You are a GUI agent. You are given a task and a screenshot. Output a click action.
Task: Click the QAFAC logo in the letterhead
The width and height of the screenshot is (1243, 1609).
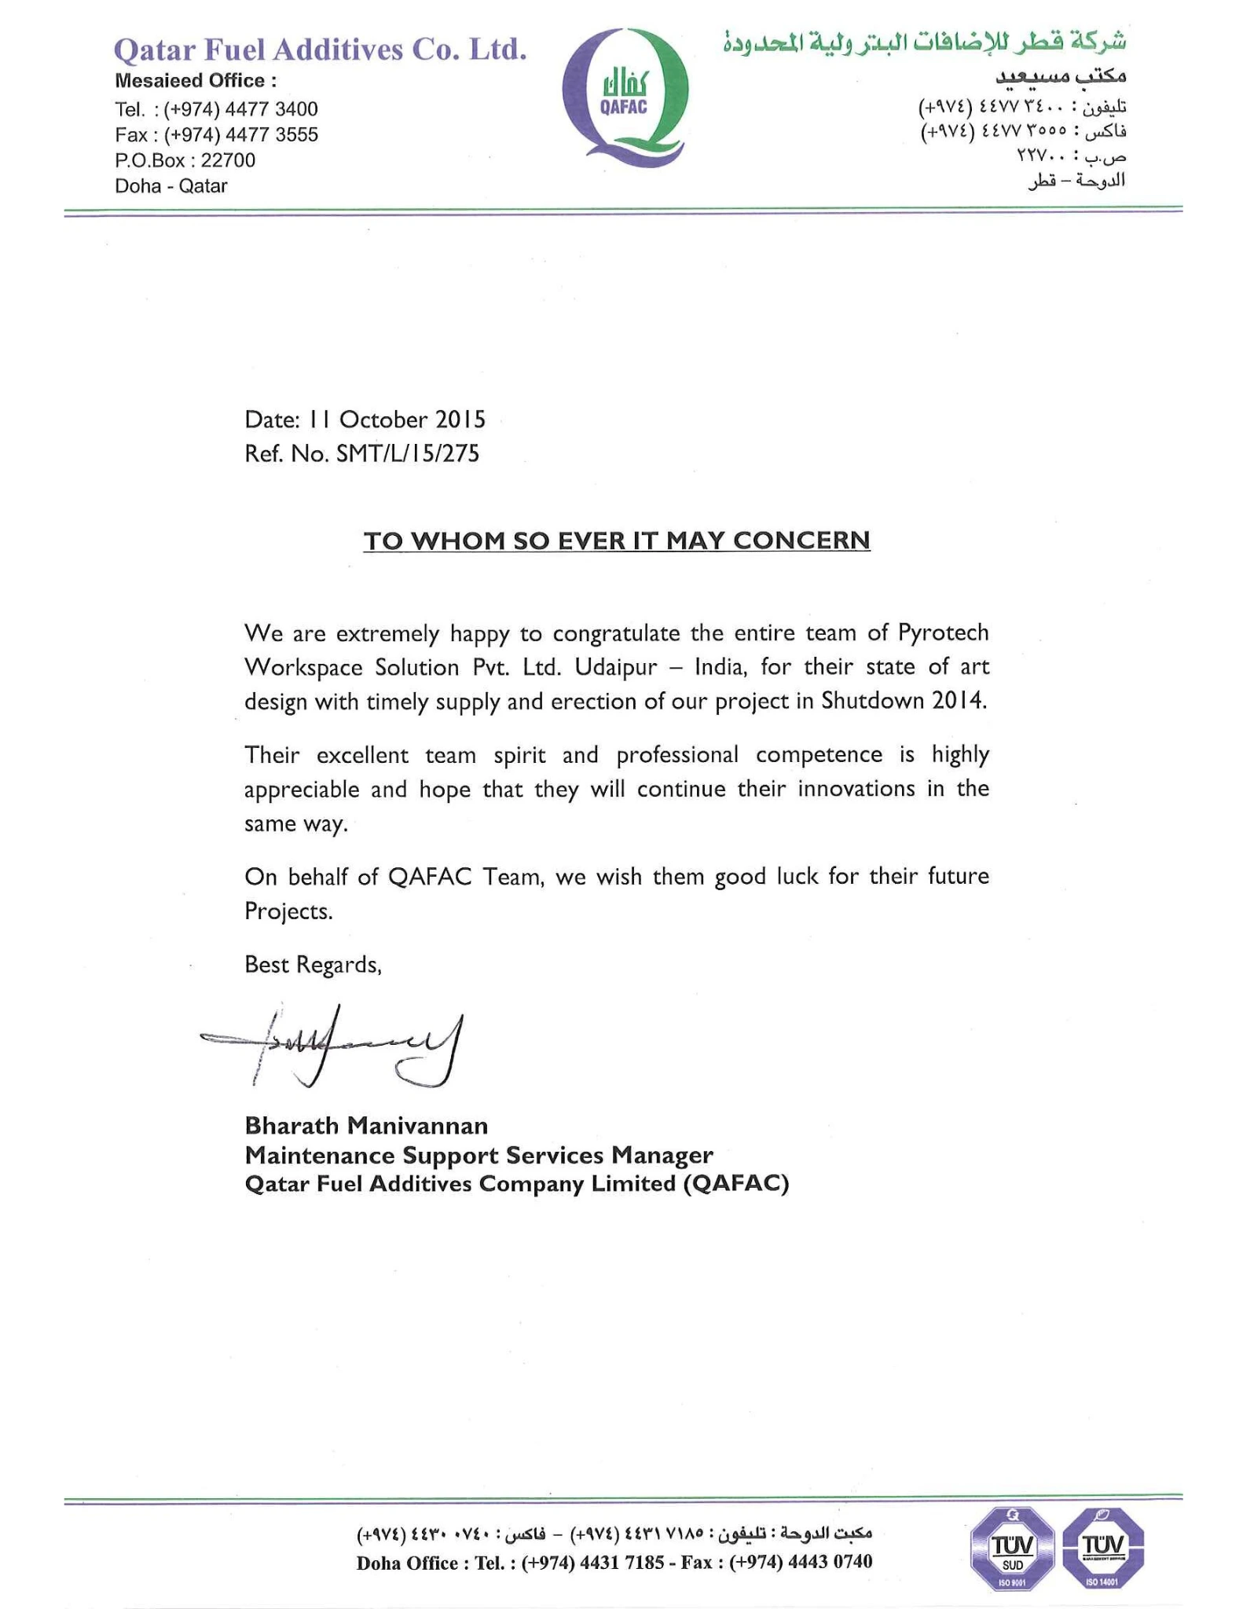pos(625,97)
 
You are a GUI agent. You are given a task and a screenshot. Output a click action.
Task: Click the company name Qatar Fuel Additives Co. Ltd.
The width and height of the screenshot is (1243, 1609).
pos(320,49)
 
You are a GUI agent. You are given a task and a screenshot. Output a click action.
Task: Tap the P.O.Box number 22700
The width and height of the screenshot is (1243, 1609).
pos(228,160)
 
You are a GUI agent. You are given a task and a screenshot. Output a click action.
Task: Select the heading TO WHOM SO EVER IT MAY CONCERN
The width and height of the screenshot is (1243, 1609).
pos(616,541)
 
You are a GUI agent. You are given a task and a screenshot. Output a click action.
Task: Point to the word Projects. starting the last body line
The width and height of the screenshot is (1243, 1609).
pos(288,911)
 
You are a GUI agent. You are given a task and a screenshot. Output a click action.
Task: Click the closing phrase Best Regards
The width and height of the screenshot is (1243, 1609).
pos(313,965)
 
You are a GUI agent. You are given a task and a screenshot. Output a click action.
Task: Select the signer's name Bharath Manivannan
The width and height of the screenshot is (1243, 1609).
pos(366,1126)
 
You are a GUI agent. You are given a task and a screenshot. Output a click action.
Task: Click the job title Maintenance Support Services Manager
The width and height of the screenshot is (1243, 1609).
pos(478,1155)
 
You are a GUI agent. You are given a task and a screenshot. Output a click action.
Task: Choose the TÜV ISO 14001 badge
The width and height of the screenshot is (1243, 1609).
pos(1102,1546)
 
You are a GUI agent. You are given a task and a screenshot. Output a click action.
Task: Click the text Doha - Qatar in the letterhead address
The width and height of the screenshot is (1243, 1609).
pos(171,186)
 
